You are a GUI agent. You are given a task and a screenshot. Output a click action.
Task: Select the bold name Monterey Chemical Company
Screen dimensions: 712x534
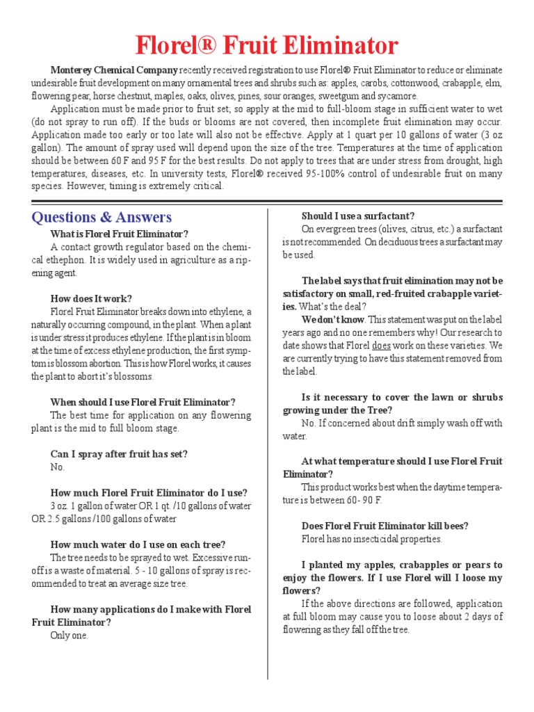[x=115, y=70]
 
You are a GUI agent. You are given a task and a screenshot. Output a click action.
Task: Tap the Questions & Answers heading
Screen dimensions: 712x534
[x=102, y=218]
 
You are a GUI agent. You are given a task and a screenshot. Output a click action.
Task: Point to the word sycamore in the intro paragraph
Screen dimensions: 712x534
[x=398, y=96]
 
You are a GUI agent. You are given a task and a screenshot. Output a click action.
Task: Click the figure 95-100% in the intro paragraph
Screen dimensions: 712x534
[x=320, y=173]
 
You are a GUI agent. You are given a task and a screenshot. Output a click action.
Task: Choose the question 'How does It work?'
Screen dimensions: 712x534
[x=91, y=299]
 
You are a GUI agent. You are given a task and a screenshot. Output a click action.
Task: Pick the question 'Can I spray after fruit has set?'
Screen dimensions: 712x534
[x=119, y=454]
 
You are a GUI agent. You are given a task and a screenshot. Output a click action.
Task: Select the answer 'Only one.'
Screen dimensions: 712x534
[x=70, y=636]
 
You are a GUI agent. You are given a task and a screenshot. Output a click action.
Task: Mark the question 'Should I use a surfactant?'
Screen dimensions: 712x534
[x=357, y=216]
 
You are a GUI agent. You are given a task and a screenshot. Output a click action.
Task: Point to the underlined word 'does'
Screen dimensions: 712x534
[x=381, y=346]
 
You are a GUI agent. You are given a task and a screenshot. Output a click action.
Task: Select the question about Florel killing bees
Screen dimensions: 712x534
[x=385, y=526]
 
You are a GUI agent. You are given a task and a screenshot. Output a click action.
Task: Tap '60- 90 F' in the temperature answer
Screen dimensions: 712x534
[x=357, y=500]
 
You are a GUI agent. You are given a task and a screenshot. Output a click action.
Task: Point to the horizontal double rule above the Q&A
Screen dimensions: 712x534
[x=267, y=202]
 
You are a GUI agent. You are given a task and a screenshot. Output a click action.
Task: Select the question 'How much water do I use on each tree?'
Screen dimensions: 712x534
[x=138, y=544]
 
